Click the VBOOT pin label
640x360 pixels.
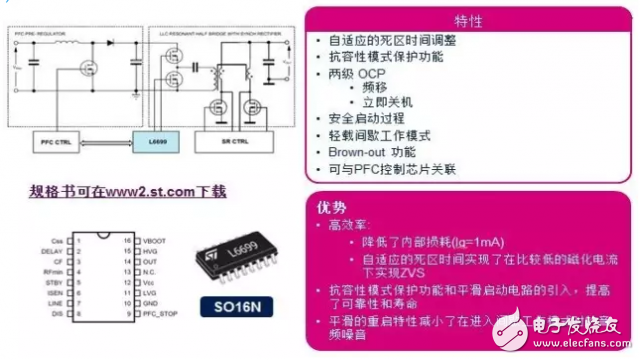pos(157,242)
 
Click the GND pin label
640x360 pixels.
pos(152,306)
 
